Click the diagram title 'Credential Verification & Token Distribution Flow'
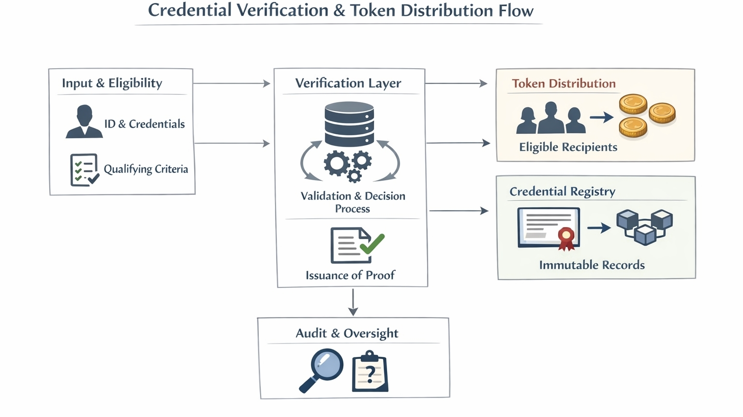(x=340, y=11)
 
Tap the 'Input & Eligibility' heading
(x=112, y=83)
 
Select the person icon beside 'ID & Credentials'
(x=84, y=122)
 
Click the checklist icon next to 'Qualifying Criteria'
(x=84, y=170)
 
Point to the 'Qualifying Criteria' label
(x=146, y=169)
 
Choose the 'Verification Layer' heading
(x=348, y=83)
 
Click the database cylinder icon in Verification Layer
(x=349, y=124)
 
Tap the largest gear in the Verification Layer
(x=337, y=163)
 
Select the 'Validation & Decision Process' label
(x=353, y=202)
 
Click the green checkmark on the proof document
(x=372, y=244)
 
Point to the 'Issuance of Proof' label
(x=350, y=275)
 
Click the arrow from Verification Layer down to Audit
(x=353, y=302)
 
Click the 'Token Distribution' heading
(x=564, y=84)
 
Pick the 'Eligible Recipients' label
(x=568, y=147)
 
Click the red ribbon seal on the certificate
(x=566, y=237)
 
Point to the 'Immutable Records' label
(x=592, y=265)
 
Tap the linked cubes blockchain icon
(x=645, y=226)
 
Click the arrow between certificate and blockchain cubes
(x=599, y=228)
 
